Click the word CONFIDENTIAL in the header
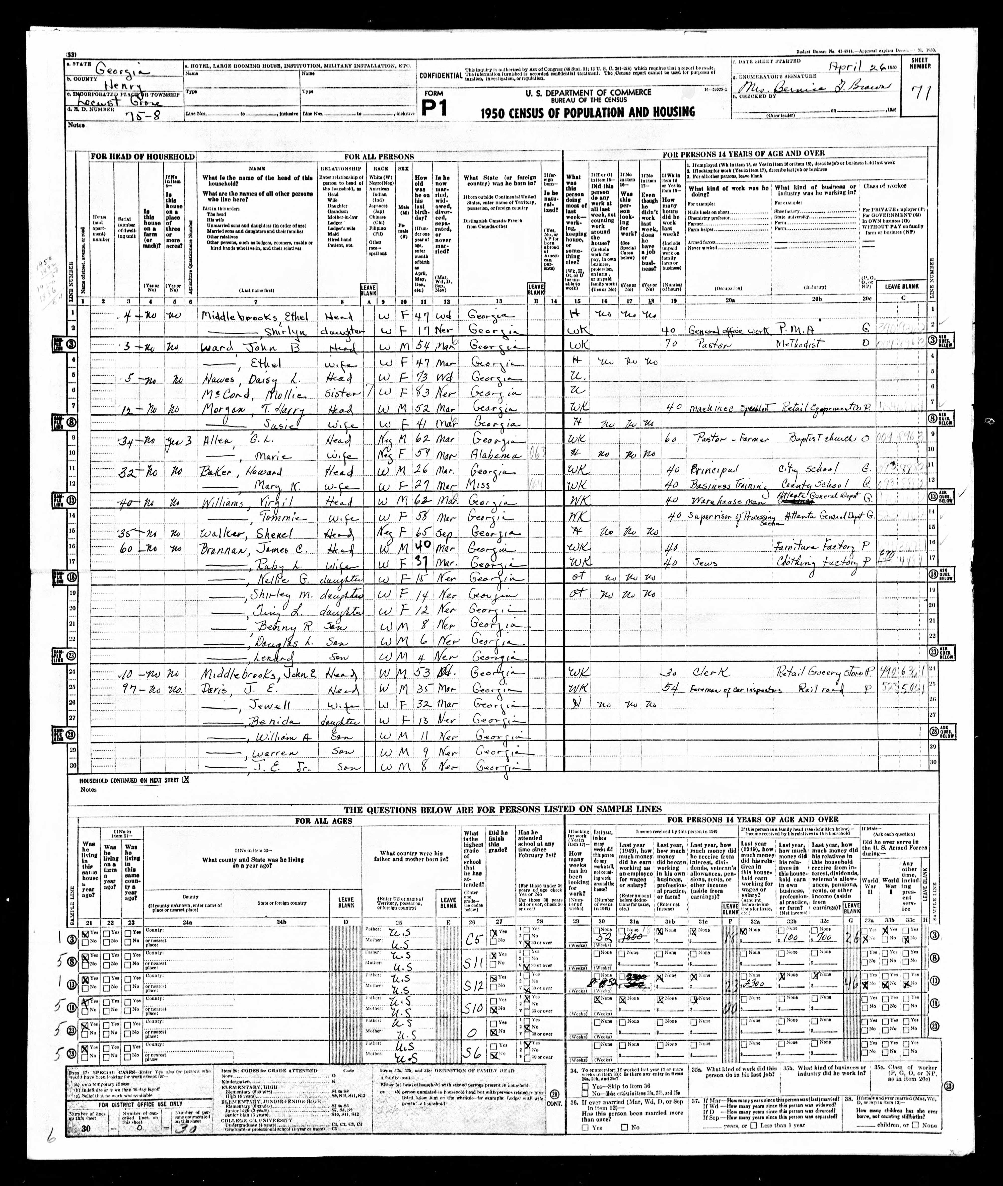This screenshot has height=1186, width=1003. pos(440,76)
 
